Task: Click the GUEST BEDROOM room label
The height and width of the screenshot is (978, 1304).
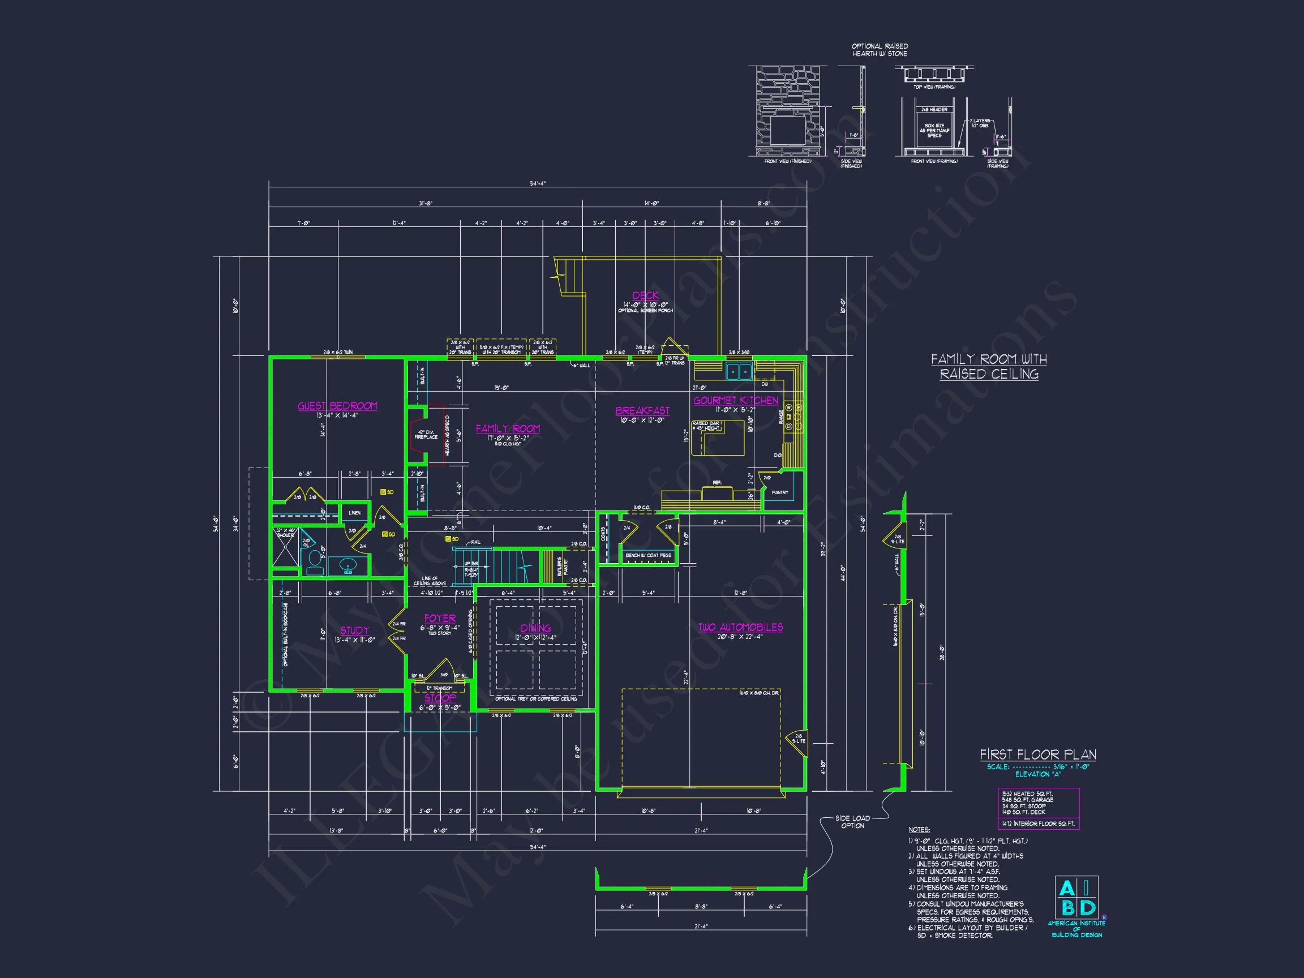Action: [x=337, y=406]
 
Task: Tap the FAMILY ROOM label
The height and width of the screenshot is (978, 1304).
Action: [x=508, y=428]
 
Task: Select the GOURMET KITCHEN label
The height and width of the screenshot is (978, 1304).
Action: [x=735, y=400]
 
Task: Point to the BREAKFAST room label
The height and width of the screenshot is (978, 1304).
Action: [x=642, y=411]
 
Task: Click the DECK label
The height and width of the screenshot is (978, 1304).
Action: [x=646, y=296]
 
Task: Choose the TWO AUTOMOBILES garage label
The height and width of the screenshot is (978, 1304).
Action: [x=740, y=627]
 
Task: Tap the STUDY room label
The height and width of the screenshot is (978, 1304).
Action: [x=354, y=630]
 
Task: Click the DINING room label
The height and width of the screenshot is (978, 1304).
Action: [x=535, y=628]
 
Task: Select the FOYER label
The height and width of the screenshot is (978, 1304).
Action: [x=440, y=619]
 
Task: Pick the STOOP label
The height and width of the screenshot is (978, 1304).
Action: [x=440, y=698]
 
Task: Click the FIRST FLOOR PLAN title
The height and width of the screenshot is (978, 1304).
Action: [x=1037, y=754]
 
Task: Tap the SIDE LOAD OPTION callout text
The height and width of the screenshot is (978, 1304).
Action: [x=852, y=822]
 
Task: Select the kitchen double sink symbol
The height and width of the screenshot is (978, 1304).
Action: [x=739, y=371]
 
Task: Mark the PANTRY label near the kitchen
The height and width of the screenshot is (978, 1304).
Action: [x=779, y=492]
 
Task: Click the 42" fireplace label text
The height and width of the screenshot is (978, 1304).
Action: [x=426, y=435]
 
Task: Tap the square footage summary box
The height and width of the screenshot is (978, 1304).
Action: [x=1038, y=808]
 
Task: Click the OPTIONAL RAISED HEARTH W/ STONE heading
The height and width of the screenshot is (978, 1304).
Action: [x=880, y=49]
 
